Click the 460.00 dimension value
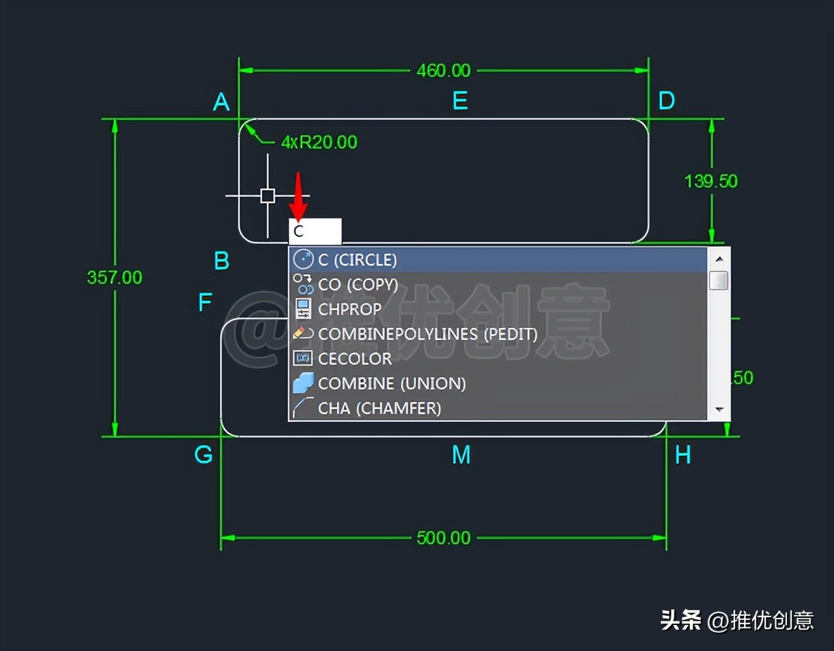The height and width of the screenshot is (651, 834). coord(443,70)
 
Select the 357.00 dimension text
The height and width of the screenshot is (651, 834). coord(115,277)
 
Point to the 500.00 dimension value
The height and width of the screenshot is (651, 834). coord(443,538)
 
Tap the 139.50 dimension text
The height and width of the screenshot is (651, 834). coord(711,181)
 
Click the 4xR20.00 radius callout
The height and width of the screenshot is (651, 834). coord(319,142)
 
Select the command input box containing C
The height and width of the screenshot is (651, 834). coord(315,231)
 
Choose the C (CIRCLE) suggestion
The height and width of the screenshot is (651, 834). coord(357,260)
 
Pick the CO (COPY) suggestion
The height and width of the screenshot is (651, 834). coord(358,284)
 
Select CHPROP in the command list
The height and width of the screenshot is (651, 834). coord(350,309)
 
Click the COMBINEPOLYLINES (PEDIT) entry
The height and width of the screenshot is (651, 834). coord(427,334)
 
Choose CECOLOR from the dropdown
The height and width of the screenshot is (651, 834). coord(354,359)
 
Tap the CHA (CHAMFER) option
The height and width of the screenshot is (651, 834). coord(379,408)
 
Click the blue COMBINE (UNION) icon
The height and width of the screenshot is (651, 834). coord(303,383)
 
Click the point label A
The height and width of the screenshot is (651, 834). coord(222,102)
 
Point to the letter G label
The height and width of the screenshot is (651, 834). coord(203,454)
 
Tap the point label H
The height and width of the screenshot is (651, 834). coord(682,455)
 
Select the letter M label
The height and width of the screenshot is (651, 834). coord(461,455)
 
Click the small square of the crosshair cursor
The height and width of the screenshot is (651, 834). coord(267,195)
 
